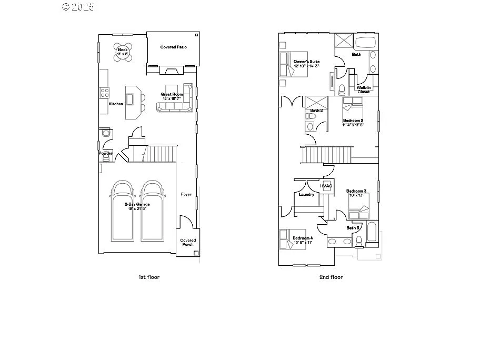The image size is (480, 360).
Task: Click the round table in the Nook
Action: pyautogui.click(x=123, y=51)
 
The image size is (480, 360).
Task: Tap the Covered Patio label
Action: pyautogui.click(x=173, y=47)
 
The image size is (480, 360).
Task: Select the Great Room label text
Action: pyautogui.click(x=172, y=95)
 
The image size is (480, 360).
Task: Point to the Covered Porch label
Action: pyautogui.click(x=187, y=242)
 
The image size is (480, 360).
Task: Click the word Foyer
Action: pyautogui.click(x=186, y=194)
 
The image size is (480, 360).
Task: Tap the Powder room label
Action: pyautogui.click(x=106, y=153)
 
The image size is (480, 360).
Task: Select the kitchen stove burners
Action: pyautogui.click(x=104, y=93)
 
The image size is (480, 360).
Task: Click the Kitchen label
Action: pyautogui.click(x=116, y=104)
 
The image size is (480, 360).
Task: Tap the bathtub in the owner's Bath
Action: pyautogui.click(x=365, y=43)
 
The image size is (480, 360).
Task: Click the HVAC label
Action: pyautogui.click(x=326, y=186)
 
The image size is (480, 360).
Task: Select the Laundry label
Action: pyautogui.click(x=306, y=194)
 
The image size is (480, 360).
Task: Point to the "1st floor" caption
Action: pyautogui.click(x=149, y=277)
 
